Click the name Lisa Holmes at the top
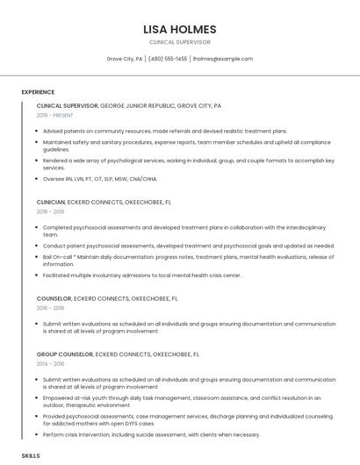click(179, 29)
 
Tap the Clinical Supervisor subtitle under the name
click(179, 42)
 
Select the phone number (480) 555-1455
click(168, 59)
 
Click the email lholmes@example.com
click(222, 59)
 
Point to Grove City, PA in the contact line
click(125, 59)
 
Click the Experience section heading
click(38, 92)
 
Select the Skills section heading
click(31, 456)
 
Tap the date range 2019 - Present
click(54, 115)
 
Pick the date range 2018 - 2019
click(50, 211)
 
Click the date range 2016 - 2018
click(50, 308)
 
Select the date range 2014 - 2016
click(50, 363)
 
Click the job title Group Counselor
click(65, 354)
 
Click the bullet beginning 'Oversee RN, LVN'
click(99, 179)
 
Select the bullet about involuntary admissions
click(141, 275)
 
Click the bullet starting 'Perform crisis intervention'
click(151, 434)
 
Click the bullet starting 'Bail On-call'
click(176, 260)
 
